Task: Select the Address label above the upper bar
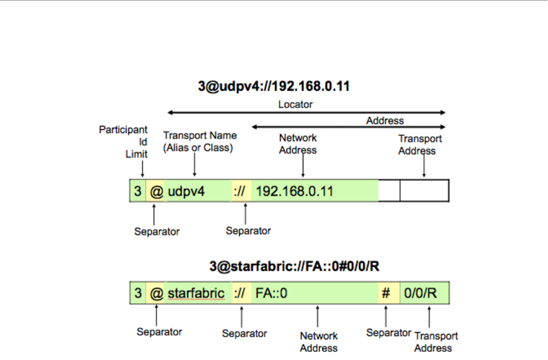[x=385, y=121]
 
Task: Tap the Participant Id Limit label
[x=123, y=142]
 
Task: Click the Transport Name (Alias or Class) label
[x=200, y=141]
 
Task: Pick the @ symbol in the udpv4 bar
[x=156, y=191]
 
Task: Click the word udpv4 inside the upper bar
[x=186, y=191]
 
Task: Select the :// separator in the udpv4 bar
[x=240, y=191]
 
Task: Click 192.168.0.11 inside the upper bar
[x=294, y=191]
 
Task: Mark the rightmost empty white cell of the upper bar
[x=424, y=191]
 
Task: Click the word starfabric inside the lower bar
[x=196, y=294]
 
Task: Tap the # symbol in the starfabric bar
[x=386, y=294]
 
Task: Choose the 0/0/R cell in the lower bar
[x=420, y=294]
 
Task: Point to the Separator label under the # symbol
[x=388, y=332]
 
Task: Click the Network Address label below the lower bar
[x=319, y=342]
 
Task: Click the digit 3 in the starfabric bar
[x=138, y=294]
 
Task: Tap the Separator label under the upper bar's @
[x=157, y=231]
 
